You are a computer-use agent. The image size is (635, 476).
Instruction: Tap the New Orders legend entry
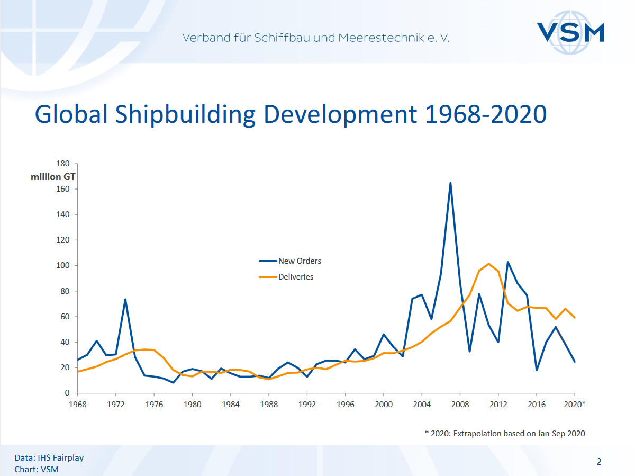(300, 261)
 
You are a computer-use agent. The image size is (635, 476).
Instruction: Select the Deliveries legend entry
(296, 277)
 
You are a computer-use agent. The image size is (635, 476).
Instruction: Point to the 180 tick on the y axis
(63, 164)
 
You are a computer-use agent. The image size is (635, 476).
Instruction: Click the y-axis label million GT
(53, 177)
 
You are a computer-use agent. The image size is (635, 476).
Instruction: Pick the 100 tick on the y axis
(63, 265)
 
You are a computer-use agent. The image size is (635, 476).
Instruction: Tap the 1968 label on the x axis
(78, 404)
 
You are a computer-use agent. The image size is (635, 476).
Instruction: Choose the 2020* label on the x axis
(575, 404)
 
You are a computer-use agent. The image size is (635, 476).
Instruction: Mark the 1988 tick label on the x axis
(269, 404)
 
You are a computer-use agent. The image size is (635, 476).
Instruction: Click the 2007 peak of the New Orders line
(450, 183)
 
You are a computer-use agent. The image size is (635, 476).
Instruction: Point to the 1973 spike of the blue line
(125, 300)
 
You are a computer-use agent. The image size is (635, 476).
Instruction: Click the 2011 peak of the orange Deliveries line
(488, 264)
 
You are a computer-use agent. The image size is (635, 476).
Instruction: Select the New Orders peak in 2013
(507, 262)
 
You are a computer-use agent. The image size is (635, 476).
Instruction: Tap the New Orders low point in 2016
(537, 370)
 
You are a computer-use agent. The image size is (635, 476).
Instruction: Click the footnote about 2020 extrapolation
(505, 433)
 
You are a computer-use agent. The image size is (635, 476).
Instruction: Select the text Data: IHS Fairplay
(49, 458)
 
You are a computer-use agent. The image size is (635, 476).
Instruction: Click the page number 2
(599, 462)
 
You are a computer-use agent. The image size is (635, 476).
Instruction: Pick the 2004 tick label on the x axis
(422, 404)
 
